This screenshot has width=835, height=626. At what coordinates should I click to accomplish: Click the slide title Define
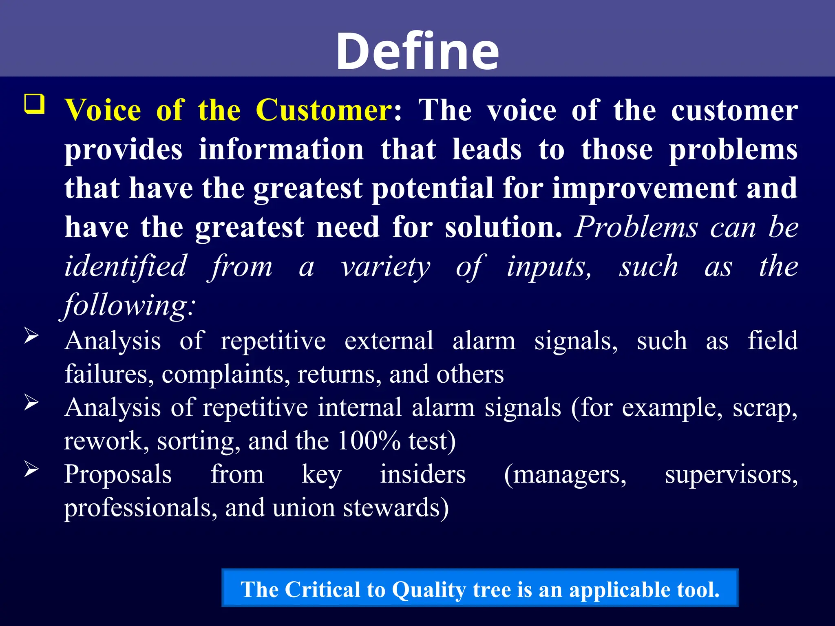point(417,52)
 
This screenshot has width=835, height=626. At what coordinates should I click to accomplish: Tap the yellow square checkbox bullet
point(35,104)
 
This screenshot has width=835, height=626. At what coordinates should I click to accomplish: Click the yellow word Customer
point(324,110)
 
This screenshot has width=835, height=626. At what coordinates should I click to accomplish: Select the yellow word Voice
point(103,110)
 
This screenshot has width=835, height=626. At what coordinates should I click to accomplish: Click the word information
point(281,150)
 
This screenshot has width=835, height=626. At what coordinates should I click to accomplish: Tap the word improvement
point(644,189)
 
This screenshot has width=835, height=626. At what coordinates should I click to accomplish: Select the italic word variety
point(385,267)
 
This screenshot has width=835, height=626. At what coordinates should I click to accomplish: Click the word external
point(389,341)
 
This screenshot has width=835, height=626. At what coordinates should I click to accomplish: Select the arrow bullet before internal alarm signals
point(31,402)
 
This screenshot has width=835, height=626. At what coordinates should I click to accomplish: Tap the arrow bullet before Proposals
point(31,469)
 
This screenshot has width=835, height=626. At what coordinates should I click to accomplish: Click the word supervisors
point(731,475)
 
